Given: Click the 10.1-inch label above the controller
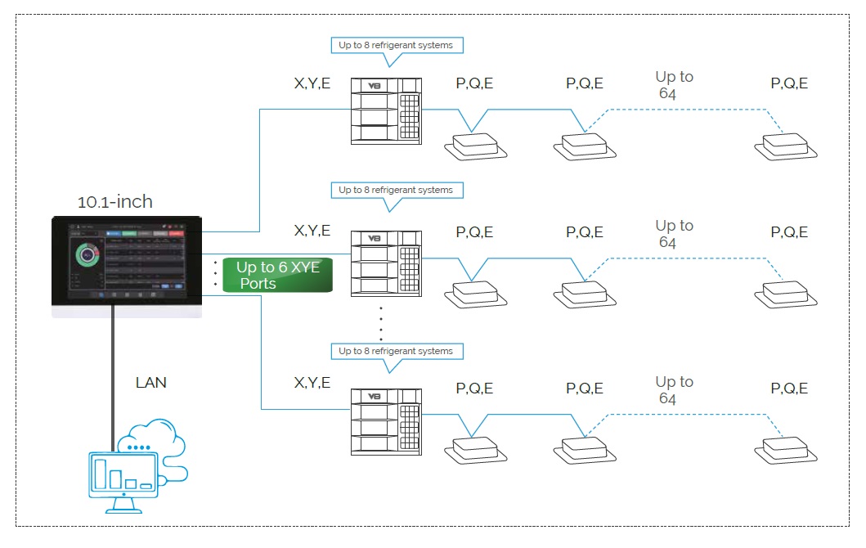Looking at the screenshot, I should [x=114, y=201].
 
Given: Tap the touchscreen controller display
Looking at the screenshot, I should [x=127, y=261].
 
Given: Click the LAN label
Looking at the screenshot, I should [x=150, y=382].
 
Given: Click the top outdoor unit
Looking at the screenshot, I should [x=385, y=111].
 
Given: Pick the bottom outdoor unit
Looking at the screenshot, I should [x=385, y=422].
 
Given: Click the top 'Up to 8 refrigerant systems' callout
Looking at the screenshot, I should [x=395, y=45].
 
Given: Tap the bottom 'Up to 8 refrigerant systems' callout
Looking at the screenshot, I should [x=395, y=351].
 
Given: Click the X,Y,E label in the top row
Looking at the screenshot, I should [x=312, y=83].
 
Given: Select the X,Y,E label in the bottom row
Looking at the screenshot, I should [x=312, y=383].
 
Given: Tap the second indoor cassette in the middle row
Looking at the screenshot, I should [x=585, y=293].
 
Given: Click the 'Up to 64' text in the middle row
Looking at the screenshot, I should [x=674, y=234].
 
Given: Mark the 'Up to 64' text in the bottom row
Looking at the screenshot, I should [x=674, y=390].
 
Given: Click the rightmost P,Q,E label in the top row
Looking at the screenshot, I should [x=789, y=83].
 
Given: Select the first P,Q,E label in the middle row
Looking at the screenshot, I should [x=474, y=232].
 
